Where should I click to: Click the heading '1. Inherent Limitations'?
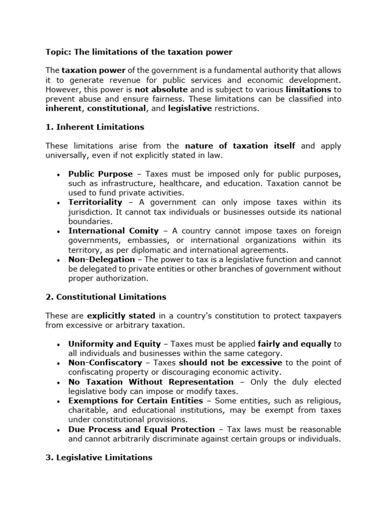95,127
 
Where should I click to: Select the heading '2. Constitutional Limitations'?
106,297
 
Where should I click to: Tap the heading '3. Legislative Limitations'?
99,458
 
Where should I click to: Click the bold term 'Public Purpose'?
101,174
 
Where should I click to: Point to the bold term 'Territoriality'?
95,202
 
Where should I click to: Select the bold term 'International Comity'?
113,231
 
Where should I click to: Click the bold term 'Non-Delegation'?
102,259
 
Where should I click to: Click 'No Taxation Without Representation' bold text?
151,382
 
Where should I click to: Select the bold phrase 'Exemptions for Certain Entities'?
136,401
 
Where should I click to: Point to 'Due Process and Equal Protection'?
142,429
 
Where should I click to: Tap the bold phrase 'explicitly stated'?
121,316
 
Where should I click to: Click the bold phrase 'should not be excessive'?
230,363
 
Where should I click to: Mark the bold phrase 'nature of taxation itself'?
240,146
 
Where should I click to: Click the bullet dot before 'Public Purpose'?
58,174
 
